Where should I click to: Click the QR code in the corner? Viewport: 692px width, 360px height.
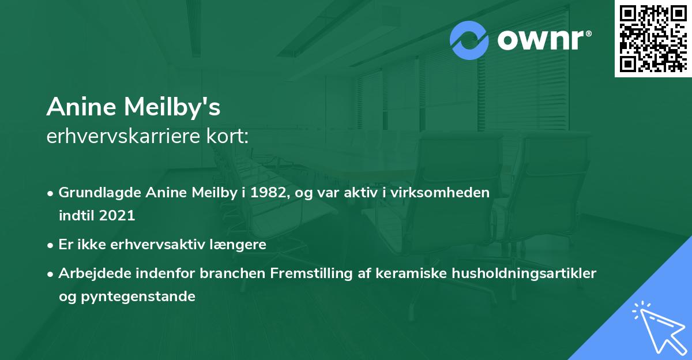click(653, 38)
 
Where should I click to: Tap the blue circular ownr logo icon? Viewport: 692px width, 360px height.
click(469, 40)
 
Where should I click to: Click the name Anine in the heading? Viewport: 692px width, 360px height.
click(79, 107)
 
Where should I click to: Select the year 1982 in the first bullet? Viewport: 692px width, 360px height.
click(267, 193)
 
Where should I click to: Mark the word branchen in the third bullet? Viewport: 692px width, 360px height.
click(233, 273)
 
